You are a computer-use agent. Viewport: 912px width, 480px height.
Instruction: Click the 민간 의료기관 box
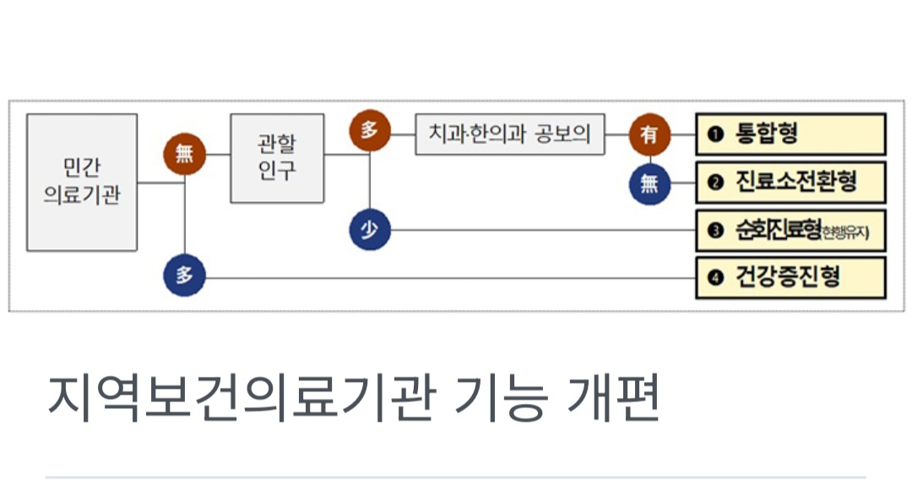[82, 183]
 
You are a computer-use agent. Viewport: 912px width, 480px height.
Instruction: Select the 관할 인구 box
[277, 158]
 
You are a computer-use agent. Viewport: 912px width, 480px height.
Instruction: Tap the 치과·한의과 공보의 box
[510, 134]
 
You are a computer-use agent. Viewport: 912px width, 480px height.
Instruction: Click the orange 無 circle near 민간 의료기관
[184, 154]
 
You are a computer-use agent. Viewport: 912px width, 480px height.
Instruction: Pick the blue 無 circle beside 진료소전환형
[649, 183]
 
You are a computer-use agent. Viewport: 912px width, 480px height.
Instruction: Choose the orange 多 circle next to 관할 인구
[370, 131]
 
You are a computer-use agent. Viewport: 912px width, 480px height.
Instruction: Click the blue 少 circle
[370, 230]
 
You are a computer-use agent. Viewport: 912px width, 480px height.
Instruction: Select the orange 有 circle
[649, 134]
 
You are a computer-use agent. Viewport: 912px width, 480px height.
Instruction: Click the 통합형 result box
[790, 134]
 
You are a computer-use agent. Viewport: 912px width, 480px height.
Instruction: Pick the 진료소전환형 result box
[790, 183]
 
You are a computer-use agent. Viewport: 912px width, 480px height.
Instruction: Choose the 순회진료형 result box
[790, 230]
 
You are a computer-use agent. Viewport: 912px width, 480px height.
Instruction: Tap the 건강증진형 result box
[790, 277]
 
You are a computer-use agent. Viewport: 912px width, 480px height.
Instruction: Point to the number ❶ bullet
[716, 134]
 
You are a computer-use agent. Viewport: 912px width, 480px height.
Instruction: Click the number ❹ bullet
[716, 278]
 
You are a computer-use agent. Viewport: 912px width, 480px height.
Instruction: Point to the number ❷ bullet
[716, 183]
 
